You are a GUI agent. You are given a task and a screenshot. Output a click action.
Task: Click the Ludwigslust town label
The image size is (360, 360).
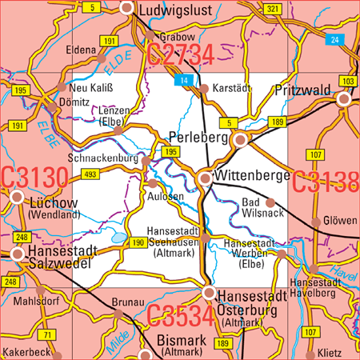click(175, 10)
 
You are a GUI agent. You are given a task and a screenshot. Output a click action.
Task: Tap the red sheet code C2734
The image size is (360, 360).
click(180, 55)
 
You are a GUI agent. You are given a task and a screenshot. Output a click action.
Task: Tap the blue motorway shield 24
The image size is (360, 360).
click(334, 39)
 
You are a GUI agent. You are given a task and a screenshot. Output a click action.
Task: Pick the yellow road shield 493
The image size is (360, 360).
click(90, 174)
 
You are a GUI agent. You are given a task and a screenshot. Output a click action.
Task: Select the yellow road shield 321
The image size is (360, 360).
click(273, 8)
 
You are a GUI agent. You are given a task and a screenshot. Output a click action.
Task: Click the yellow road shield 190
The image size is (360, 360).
click(138, 242)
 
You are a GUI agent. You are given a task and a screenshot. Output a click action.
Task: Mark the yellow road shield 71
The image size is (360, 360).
click(48, 334)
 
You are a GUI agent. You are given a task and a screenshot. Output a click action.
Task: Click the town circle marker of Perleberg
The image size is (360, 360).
click(240, 140)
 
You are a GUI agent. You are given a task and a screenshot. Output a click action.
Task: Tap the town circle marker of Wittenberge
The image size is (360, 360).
click(205, 178)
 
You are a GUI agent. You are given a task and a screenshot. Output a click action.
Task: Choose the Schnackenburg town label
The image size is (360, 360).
click(104, 158)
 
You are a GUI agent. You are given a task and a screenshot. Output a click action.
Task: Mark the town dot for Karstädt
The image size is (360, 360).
click(204, 89)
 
